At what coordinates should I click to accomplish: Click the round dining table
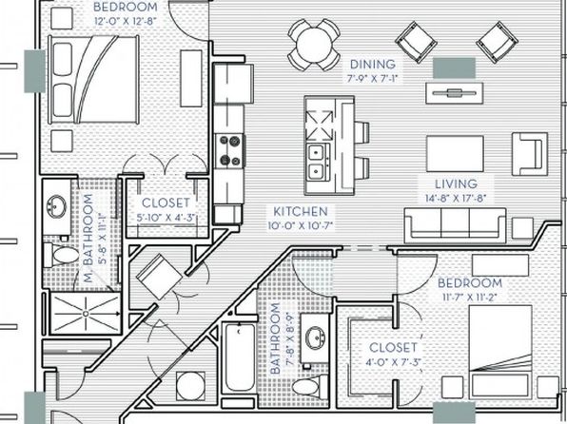pos(314,45)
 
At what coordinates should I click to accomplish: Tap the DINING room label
pos(373,65)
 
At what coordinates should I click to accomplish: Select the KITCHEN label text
pos(301,211)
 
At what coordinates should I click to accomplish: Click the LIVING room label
pos(456,184)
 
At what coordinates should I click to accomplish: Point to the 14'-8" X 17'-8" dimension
pos(456,198)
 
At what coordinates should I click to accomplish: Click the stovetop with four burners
pos(230,150)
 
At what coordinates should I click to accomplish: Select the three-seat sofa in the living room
pos(455,225)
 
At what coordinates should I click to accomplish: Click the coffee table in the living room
pos(455,154)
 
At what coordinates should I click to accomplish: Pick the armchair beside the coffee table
pos(529,154)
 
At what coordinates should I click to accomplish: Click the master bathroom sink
pos(57,206)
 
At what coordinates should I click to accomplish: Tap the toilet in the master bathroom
pos(62,255)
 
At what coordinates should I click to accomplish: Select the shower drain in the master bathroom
pos(86,314)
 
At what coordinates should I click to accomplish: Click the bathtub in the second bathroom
pos(240,357)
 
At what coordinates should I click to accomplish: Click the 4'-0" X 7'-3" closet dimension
pos(394,362)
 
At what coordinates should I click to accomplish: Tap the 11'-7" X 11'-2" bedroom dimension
pos(470,298)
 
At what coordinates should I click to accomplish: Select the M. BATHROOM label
pos(88,239)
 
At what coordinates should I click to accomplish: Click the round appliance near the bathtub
pos(190,386)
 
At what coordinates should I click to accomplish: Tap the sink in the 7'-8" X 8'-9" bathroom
pos(315,337)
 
